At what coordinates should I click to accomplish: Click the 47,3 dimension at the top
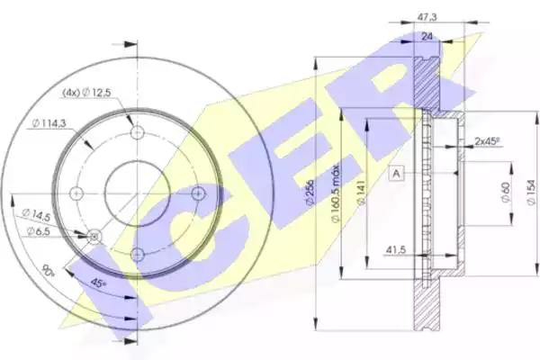[427, 16]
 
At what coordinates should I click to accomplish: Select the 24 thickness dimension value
[427, 36]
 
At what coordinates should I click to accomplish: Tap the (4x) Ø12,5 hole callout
[86, 93]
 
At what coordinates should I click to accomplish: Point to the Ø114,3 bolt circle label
[49, 123]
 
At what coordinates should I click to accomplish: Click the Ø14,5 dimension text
[36, 214]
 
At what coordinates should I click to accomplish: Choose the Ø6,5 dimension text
[38, 231]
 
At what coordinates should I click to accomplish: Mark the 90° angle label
[49, 270]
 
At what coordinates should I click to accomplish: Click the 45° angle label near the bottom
[98, 283]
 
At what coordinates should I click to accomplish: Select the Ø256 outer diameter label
[310, 193]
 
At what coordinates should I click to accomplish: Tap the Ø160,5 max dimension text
[335, 195]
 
